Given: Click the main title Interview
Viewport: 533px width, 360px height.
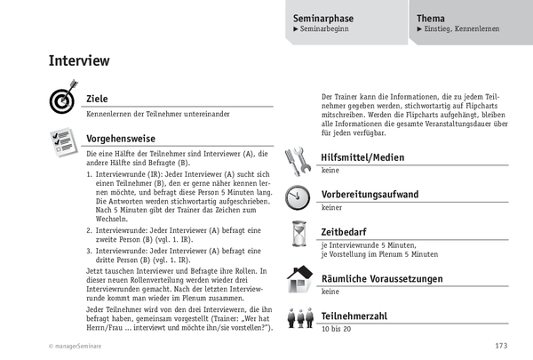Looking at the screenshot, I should pyautogui.click(x=79, y=61).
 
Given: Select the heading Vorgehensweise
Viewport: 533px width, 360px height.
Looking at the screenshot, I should pyautogui.click(x=121, y=139).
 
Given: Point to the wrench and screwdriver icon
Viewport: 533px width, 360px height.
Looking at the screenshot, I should pyautogui.click(x=297, y=160).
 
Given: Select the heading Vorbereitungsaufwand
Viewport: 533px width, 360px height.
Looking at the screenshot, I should pyautogui.click(x=370, y=194).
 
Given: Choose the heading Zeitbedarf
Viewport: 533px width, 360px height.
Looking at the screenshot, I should pyautogui.click(x=347, y=231).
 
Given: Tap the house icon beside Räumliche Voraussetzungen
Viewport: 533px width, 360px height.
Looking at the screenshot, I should pyautogui.click(x=298, y=278).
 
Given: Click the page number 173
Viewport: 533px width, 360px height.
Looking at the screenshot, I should pyautogui.click(x=501, y=347).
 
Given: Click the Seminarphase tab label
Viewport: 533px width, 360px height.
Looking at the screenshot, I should pyautogui.click(x=329, y=17).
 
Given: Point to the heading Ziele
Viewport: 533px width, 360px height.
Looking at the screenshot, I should pyautogui.click(x=97, y=99).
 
